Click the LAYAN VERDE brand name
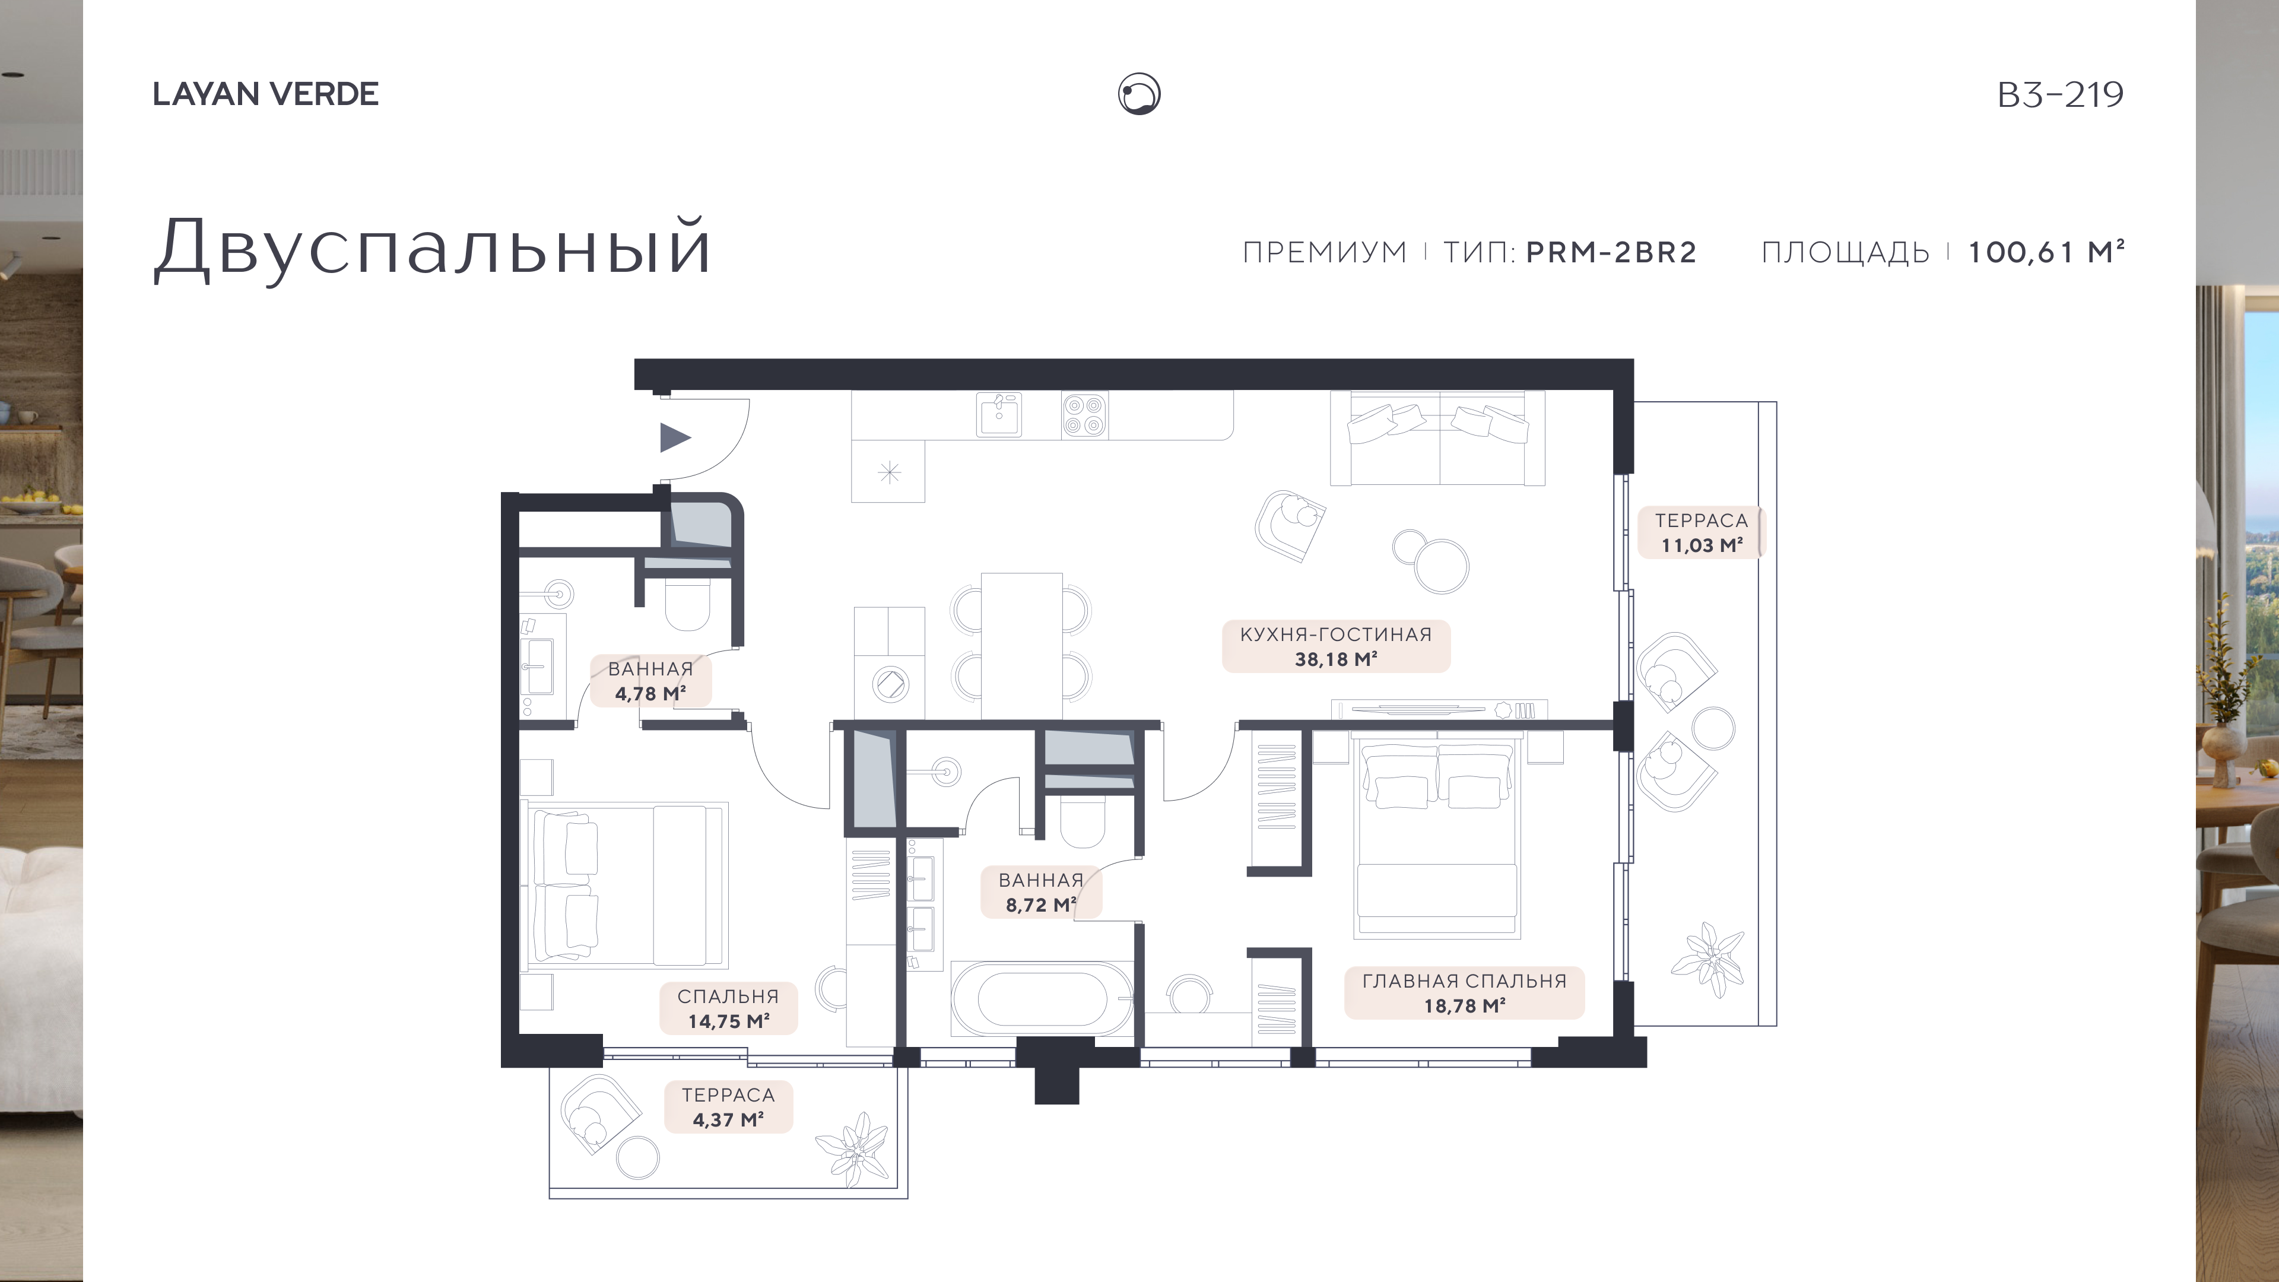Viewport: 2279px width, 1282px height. point(265,94)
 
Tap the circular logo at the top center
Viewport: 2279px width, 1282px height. point(1139,94)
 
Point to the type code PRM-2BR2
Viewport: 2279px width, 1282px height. point(1611,252)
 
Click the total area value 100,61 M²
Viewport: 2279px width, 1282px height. point(2045,252)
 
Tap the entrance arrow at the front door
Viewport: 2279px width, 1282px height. point(675,437)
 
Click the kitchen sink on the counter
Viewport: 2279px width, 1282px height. point(999,415)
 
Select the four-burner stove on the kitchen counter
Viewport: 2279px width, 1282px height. point(1085,415)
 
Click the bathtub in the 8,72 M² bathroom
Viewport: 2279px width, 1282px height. point(1042,999)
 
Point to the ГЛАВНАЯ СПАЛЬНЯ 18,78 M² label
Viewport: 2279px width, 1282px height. point(1464,993)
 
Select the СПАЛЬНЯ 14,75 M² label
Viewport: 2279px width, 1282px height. point(728,1008)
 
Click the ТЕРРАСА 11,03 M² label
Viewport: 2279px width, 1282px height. point(1702,532)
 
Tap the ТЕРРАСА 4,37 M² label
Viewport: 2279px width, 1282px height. point(728,1107)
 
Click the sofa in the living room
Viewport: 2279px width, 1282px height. point(1437,438)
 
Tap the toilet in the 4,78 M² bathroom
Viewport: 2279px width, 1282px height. point(687,604)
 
